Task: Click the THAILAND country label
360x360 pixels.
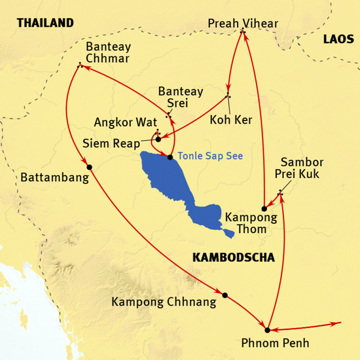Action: point(45,23)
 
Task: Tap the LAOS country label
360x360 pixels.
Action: point(338,40)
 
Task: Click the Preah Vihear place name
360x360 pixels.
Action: point(243,24)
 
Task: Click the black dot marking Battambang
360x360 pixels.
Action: point(90,166)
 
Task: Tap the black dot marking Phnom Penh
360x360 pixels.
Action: point(267,329)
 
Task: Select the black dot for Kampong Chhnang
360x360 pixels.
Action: point(225,295)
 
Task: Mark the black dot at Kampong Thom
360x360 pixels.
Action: point(264,208)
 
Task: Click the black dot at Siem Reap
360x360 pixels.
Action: point(158,139)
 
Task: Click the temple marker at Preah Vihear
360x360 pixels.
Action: point(243,31)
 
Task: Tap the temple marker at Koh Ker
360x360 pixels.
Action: point(228,97)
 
